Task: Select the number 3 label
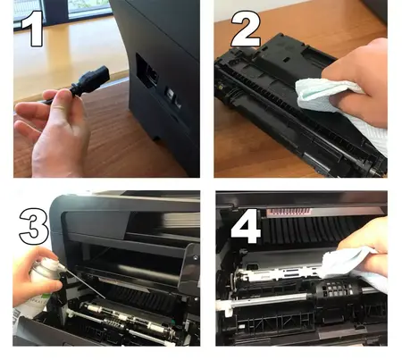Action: [x=34, y=224]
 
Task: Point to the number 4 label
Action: [x=246, y=226]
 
